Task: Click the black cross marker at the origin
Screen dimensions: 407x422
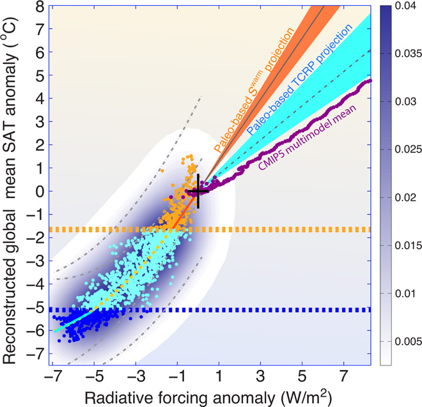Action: coord(198,191)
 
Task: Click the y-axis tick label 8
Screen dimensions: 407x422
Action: coord(40,6)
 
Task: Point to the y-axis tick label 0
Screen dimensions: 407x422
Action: coord(40,191)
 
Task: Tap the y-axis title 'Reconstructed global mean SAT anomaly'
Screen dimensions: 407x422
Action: coord(14,185)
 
